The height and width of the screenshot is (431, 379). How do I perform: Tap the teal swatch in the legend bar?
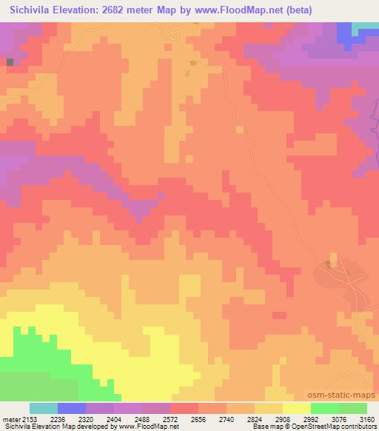tap(44, 408)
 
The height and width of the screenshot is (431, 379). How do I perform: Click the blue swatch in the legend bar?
tap(72, 408)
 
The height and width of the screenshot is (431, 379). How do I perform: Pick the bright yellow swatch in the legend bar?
tap(297, 408)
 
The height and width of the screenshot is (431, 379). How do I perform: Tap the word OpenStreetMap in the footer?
tap(304, 427)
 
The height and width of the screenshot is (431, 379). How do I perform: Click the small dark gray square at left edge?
tap(10, 62)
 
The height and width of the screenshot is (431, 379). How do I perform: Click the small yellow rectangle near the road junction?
tap(194, 63)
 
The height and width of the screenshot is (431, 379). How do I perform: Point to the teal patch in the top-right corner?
tap(365, 27)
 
